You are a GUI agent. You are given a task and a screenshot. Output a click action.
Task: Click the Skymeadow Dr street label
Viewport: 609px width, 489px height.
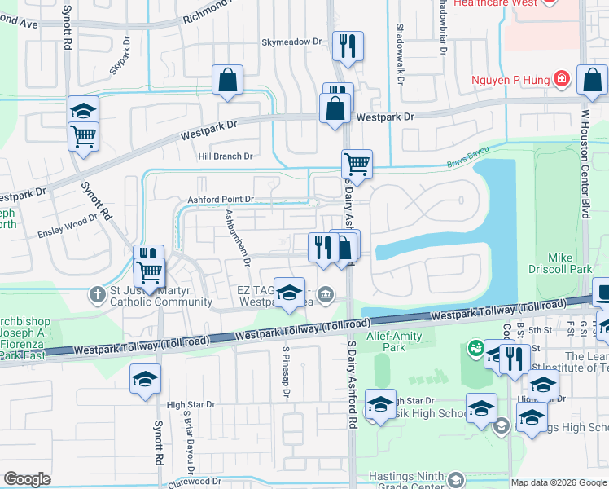(x=291, y=41)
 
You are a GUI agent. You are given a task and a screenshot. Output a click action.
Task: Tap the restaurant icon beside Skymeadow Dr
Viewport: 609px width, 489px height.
(x=348, y=47)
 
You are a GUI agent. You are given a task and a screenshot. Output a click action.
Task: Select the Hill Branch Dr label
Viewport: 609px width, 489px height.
(x=226, y=156)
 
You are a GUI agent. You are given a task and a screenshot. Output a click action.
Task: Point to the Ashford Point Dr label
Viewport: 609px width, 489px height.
(x=221, y=199)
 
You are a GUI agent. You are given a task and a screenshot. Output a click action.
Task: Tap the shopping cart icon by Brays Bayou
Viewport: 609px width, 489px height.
(x=357, y=165)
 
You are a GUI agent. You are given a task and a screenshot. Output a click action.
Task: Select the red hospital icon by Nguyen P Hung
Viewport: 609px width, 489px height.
(x=561, y=80)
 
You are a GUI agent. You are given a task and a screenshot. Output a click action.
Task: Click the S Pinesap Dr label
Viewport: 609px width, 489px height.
(x=286, y=372)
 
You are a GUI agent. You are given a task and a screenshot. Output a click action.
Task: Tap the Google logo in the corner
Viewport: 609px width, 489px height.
(x=27, y=479)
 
